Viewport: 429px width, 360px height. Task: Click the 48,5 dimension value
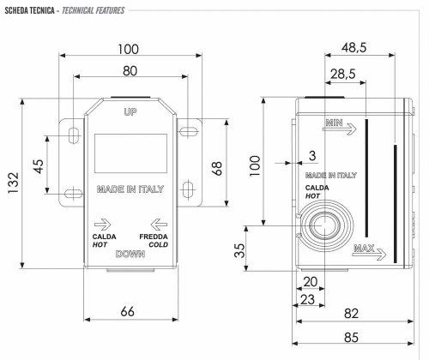coord(372,50)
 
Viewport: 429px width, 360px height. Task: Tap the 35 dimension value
coord(241,250)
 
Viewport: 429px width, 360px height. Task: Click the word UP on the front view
coord(130,113)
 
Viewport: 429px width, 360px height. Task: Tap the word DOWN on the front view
coord(130,254)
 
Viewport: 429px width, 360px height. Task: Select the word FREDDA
coord(154,236)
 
